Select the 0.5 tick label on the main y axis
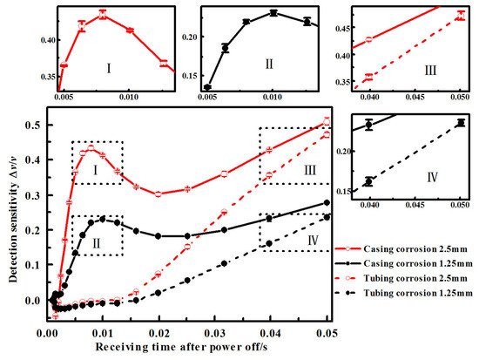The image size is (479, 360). tap(32, 125)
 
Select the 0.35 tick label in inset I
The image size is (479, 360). tap(40, 77)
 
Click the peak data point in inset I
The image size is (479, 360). tap(103, 15)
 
